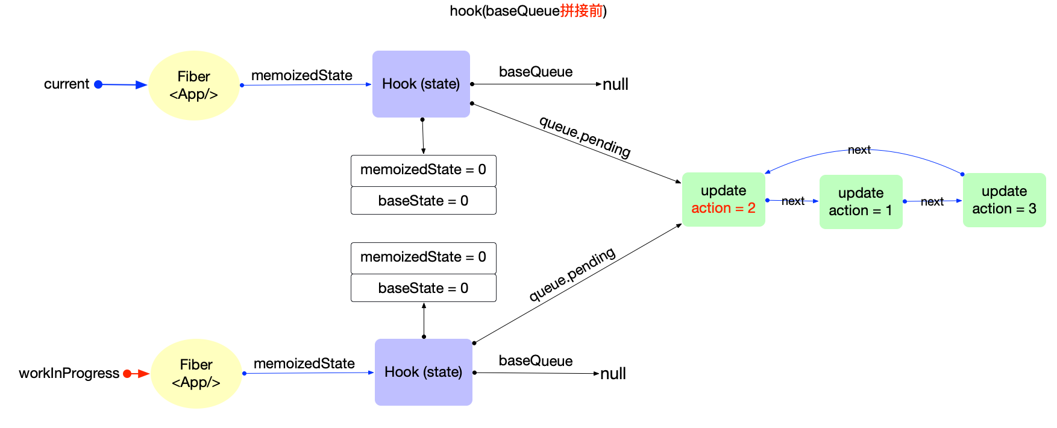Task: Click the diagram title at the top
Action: [528, 11]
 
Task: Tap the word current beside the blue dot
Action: [66, 84]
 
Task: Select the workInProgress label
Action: [69, 373]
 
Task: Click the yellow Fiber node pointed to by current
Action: [193, 85]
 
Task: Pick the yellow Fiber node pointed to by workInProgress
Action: [196, 373]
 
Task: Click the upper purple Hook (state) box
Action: [421, 84]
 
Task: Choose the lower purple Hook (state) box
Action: [423, 372]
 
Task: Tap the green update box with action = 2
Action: [723, 200]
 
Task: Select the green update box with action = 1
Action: [861, 202]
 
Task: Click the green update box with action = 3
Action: [1004, 200]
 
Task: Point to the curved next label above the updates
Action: [859, 150]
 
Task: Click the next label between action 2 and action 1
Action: [793, 201]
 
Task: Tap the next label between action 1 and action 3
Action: [932, 202]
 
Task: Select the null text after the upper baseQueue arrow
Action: [615, 84]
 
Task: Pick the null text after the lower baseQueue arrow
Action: [613, 374]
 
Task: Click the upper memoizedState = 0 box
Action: [423, 170]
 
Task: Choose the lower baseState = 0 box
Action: [423, 288]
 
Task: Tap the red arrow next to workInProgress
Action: [140, 374]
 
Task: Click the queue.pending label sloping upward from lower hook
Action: [572, 274]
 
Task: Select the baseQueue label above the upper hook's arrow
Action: [535, 72]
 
